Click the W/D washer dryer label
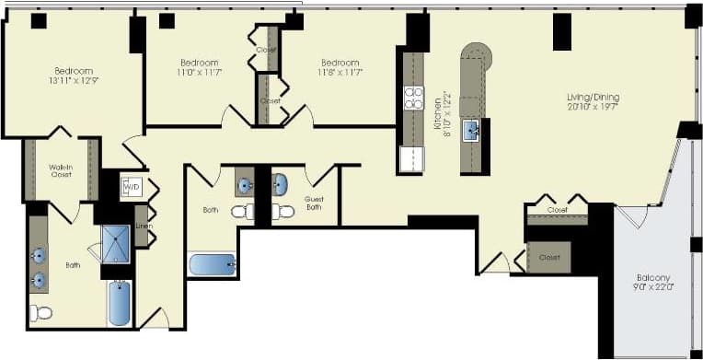click(x=131, y=186)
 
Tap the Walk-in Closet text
click(x=61, y=171)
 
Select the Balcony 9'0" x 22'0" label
click(x=653, y=283)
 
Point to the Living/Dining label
click(x=592, y=101)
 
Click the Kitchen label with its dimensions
click(x=441, y=111)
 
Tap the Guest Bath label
click(x=315, y=203)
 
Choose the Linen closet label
click(x=144, y=226)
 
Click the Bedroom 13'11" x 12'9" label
click(x=74, y=76)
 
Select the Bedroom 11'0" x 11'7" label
click(x=199, y=66)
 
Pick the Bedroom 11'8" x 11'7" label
click(x=340, y=66)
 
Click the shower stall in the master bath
click(x=116, y=244)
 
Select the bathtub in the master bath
click(x=120, y=303)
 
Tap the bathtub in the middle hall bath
click(x=213, y=265)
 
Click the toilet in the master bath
click(x=40, y=313)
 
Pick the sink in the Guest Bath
click(x=280, y=183)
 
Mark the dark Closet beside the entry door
click(x=549, y=257)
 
